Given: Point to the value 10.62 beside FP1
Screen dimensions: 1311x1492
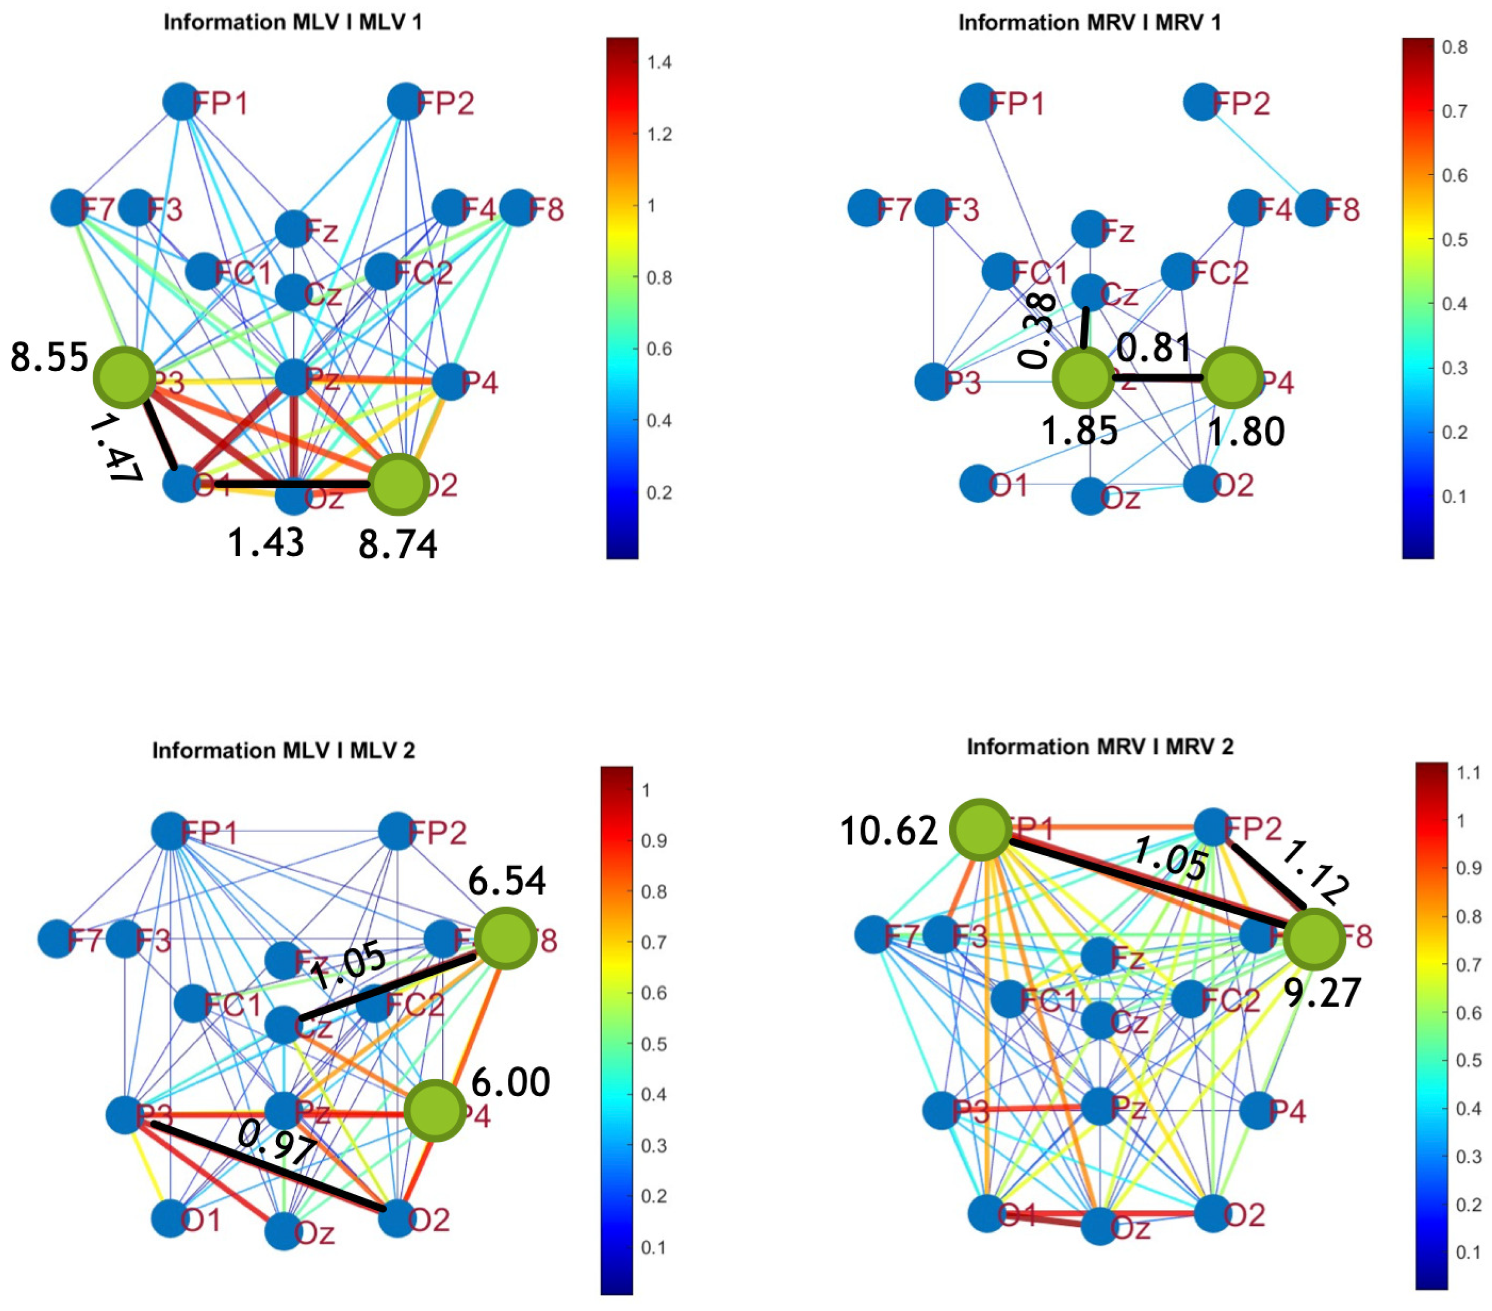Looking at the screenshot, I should tap(888, 831).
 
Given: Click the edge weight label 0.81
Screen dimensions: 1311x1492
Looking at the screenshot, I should tap(1153, 347).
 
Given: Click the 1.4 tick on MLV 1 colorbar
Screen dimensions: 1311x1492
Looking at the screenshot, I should tap(659, 63).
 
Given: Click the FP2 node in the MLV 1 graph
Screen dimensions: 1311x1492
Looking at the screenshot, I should tap(405, 102).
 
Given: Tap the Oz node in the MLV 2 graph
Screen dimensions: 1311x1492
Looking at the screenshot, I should tap(283, 1232).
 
